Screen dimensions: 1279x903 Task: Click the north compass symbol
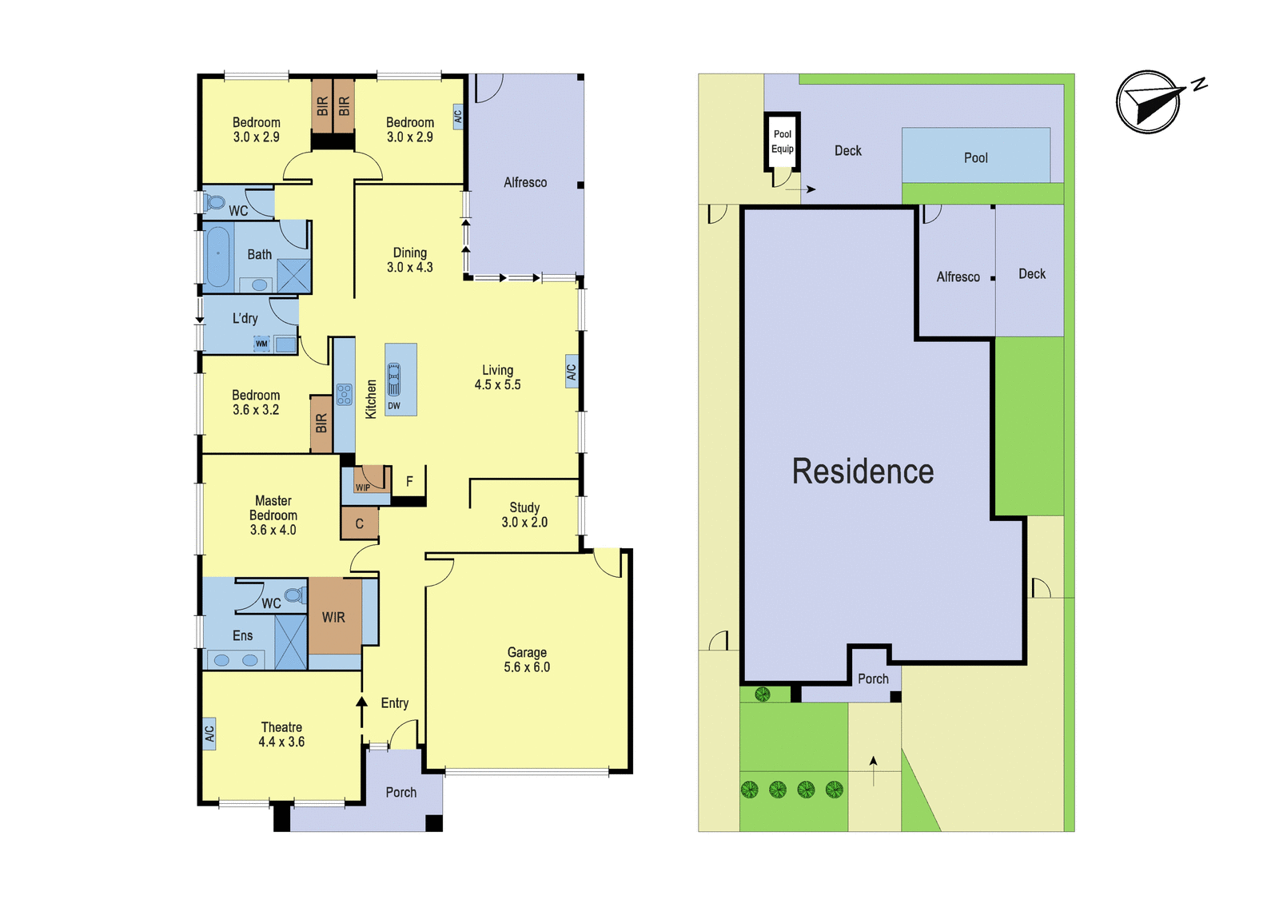click(x=1148, y=102)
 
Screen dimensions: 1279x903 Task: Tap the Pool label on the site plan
click(x=975, y=157)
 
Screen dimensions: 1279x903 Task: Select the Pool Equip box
click(x=782, y=141)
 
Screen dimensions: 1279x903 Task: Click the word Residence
click(x=863, y=471)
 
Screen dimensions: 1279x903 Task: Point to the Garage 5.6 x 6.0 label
click(x=527, y=659)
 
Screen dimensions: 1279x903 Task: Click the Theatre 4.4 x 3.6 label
click(x=281, y=734)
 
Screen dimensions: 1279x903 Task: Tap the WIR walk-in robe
click(x=335, y=616)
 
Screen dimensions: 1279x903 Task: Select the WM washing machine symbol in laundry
click(x=261, y=344)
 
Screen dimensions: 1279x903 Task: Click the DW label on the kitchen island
click(x=394, y=406)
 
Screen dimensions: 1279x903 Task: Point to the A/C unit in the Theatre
click(x=209, y=734)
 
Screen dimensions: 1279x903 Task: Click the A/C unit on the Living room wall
click(x=572, y=372)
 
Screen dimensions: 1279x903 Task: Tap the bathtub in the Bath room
click(x=217, y=257)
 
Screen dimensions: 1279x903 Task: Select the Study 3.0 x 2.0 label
click(x=524, y=515)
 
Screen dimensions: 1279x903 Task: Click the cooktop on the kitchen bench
click(x=344, y=395)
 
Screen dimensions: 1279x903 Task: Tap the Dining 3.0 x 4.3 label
click(x=409, y=260)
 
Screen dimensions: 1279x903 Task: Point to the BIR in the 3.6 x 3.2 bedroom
click(x=321, y=424)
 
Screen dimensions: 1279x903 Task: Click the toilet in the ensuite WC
click(x=295, y=595)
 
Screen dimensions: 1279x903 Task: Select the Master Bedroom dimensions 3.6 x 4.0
click(x=273, y=530)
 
